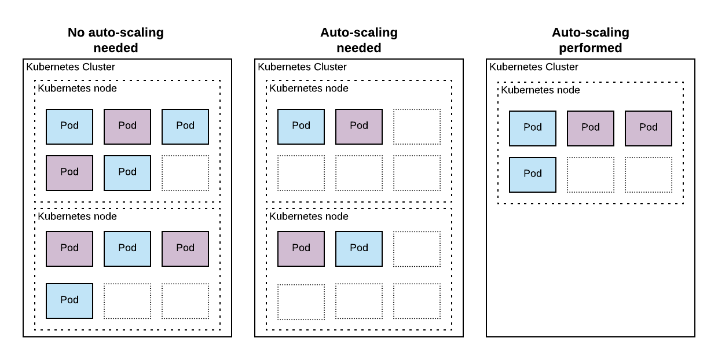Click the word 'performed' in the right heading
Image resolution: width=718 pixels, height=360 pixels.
tap(590, 48)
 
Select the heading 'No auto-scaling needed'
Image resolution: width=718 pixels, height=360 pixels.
tap(116, 40)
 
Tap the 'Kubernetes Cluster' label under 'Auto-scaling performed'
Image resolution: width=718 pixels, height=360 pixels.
tap(534, 67)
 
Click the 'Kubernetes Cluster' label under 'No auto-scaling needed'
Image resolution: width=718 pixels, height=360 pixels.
tap(71, 67)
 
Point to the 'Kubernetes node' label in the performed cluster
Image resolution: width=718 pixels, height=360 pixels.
tap(540, 90)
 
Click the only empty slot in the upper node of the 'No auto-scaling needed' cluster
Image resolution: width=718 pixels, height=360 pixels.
tap(185, 173)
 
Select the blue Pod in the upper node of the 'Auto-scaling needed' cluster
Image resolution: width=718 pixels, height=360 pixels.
tap(301, 126)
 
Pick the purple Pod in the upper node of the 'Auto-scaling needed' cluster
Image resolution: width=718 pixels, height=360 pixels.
tap(359, 126)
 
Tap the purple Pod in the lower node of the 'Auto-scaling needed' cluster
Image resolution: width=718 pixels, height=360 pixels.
tap(301, 248)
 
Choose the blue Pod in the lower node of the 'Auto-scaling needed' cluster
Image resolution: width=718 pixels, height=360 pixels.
tap(359, 248)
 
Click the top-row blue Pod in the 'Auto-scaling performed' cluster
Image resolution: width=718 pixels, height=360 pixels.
tap(533, 128)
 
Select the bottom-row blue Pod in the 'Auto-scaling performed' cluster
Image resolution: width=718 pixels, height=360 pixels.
tap(533, 174)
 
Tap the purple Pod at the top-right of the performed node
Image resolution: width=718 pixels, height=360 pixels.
tap(649, 128)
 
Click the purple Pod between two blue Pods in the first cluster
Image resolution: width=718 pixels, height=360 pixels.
tap(127, 126)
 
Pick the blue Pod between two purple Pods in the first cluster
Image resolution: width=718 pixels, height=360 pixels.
tap(127, 248)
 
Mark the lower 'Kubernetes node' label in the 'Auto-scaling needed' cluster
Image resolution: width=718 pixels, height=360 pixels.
tap(309, 216)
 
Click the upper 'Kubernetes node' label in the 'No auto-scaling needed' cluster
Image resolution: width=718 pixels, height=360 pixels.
tap(77, 89)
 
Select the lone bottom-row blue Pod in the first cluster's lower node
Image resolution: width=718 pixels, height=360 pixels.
tap(69, 300)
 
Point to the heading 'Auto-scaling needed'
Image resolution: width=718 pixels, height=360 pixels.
tap(359, 40)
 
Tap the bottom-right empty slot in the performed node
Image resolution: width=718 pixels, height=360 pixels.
tap(649, 174)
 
